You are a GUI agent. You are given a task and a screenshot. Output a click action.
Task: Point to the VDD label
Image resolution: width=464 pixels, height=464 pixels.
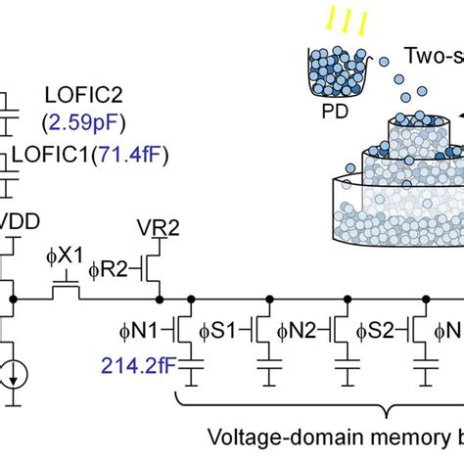(x=22, y=222)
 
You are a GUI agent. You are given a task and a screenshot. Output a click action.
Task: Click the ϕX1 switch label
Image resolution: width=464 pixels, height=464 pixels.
(x=66, y=254)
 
